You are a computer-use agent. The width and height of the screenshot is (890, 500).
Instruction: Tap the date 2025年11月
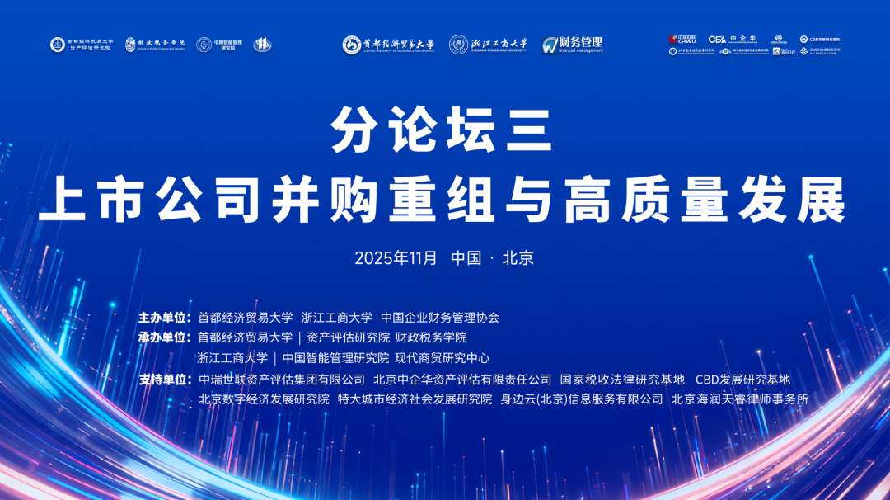point(396,257)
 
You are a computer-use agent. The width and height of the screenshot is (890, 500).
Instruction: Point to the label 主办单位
point(164,317)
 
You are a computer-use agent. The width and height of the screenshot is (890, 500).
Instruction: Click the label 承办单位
point(164,337)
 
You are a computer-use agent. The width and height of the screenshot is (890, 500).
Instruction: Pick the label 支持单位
point(164,380)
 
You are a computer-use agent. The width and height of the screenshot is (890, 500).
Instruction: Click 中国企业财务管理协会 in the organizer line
point(440,317)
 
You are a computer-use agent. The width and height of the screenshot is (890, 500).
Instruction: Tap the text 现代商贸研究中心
point(443,358)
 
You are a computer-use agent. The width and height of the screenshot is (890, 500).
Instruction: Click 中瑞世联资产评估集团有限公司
point(282,380)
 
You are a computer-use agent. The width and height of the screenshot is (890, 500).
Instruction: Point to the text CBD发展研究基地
point(742,380)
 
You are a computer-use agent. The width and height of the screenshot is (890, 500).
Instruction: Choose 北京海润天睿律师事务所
point(740,399)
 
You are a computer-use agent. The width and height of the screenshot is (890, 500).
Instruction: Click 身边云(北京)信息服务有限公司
point(582,399)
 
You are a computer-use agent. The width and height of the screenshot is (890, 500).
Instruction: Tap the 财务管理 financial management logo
point(573,45)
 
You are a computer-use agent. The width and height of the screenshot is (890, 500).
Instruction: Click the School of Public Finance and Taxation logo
point(156,45)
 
